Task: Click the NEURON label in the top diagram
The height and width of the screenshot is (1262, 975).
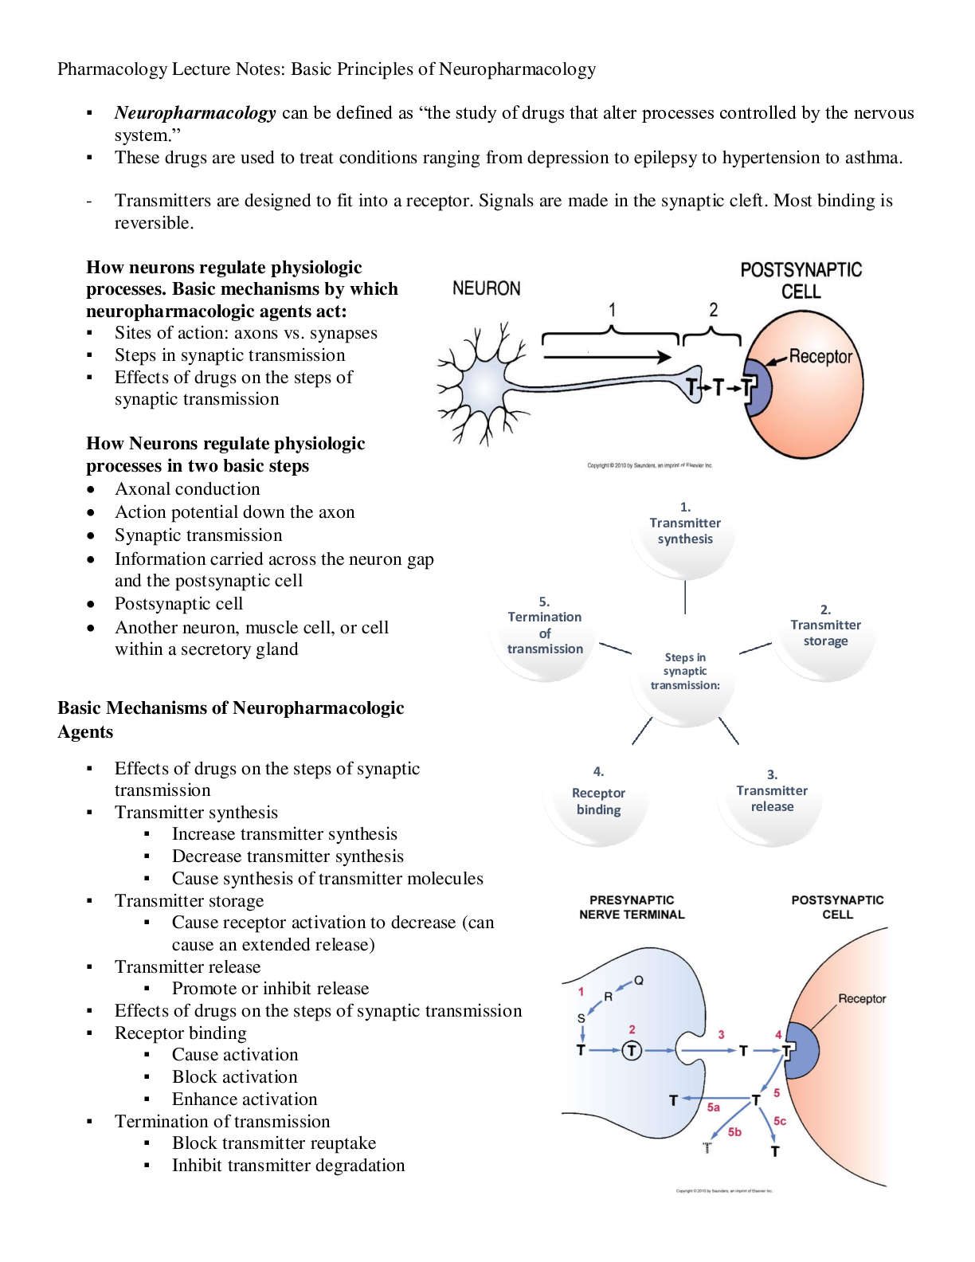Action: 486,288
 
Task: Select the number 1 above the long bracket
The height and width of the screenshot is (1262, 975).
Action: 612,310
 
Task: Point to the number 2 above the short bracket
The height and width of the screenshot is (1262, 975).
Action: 713,310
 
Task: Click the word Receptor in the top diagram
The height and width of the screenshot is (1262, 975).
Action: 820,356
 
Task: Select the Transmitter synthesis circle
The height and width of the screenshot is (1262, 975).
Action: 685,523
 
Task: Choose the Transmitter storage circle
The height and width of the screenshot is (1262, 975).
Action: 825,625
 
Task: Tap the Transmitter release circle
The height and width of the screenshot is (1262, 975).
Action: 772,790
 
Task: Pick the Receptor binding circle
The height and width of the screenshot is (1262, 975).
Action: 598,790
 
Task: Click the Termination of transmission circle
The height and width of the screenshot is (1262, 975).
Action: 545,625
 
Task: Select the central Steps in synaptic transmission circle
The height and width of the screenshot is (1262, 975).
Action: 685,671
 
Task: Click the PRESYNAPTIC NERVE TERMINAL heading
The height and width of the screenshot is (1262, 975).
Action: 632,907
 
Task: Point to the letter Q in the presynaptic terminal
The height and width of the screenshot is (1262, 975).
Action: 639,981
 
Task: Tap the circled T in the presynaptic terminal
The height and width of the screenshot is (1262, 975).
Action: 632,1051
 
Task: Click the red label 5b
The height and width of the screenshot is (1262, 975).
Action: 734,1132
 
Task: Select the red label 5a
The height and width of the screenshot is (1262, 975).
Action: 713,1107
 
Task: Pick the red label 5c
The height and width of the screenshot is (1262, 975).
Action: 780,1121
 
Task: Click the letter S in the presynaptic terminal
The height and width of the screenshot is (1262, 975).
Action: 581,1018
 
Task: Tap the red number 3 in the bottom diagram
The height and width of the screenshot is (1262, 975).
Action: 721,1035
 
